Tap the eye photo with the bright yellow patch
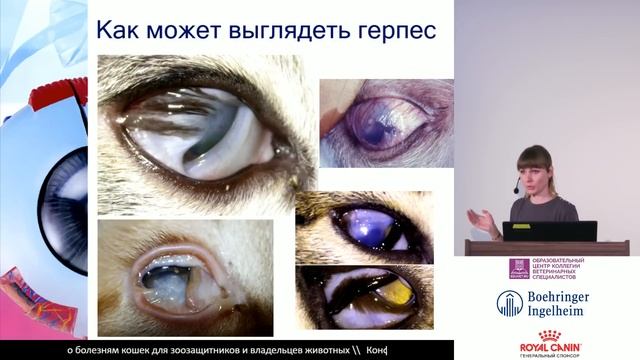tap(364, 297)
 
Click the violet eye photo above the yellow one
tap(364, 230)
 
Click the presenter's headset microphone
tap(517, 188)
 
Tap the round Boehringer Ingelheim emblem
tap(510, 303)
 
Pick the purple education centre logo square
tap(518, 268)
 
